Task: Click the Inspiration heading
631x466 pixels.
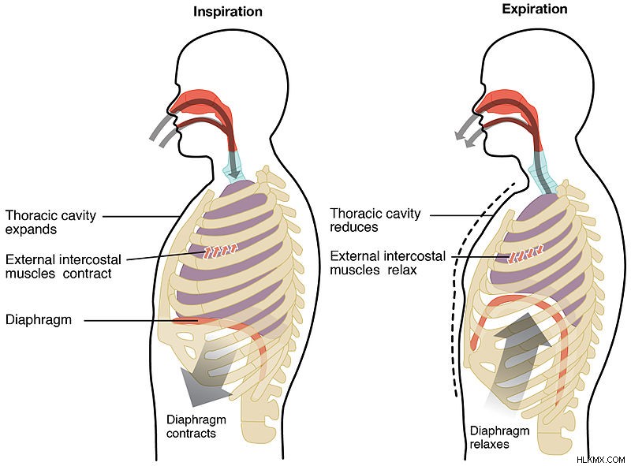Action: (228, 12)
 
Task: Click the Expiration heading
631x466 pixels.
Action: (535, 9)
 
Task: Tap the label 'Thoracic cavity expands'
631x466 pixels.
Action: (50, 222)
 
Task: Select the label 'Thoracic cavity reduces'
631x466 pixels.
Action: (375, 220)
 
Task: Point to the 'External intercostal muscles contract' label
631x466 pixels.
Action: (63, 267)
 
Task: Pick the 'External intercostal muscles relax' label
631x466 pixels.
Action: (387, 263)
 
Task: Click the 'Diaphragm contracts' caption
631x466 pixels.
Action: (196, 426)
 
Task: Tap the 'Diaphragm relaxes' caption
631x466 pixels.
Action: (499, 438)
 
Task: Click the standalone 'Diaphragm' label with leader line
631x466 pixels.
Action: (39, 320)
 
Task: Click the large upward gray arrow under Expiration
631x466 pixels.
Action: (521, 350)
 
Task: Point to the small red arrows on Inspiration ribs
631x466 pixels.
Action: (220, 250)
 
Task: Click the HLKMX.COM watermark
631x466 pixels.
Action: (600, 460)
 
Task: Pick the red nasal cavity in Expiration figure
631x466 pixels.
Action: (506, 104)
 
